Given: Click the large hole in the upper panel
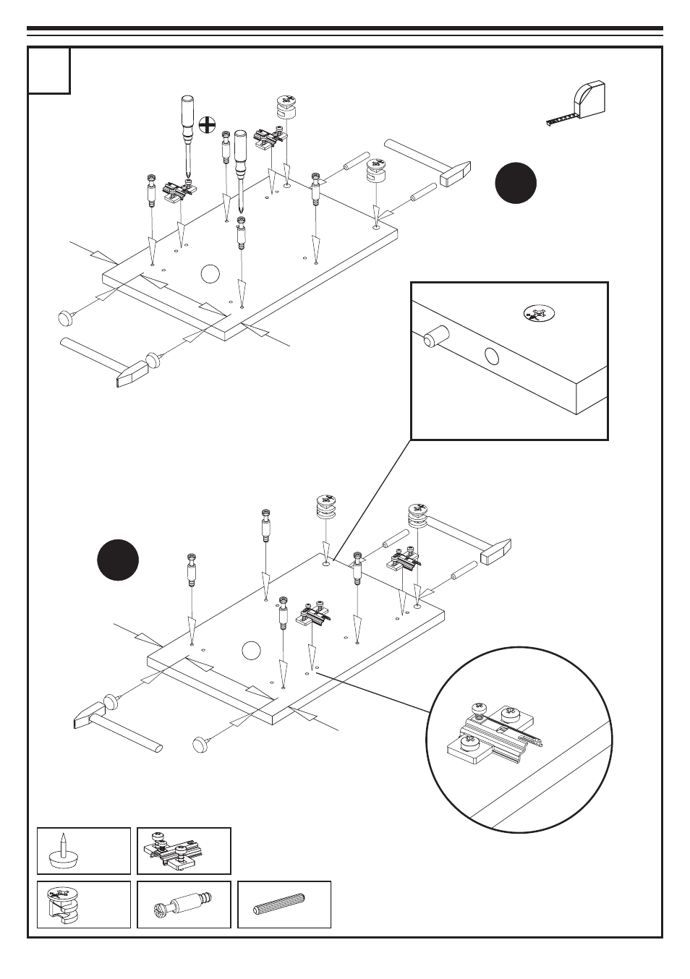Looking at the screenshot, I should (x=210, y=274).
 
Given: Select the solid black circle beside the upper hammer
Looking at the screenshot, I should (x=516, y=183).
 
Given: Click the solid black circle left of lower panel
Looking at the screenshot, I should (x=118, y=560).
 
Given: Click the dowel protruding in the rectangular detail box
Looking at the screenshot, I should (x=435, y=335).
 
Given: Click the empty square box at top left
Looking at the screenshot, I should (x=50, y=71).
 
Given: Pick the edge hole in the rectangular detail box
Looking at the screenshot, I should (x=492, y=356).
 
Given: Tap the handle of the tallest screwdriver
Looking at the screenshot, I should (x=187, y=115).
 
